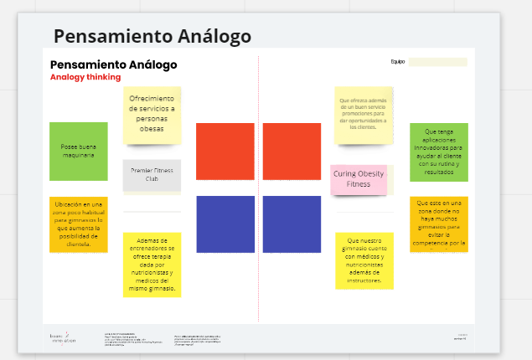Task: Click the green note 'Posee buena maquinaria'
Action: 78,151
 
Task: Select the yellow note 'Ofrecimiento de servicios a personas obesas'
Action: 152,115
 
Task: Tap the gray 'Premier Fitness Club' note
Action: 152,175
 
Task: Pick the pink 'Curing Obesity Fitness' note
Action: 358,179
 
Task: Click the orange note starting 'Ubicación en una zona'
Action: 78,224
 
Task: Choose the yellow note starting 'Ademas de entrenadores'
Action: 152,264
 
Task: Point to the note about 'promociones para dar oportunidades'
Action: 363,114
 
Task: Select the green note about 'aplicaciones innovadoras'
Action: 438,152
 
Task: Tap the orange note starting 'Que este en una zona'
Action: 438,224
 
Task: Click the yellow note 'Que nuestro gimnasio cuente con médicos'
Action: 364,260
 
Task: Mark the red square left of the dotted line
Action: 225,152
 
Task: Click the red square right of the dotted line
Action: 292,152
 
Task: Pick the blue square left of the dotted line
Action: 225,224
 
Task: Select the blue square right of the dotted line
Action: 292,224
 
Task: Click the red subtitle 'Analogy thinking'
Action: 85,77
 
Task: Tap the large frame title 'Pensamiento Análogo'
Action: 152,36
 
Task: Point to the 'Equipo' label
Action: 397,62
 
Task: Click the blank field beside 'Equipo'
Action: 437,62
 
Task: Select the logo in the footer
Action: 63,337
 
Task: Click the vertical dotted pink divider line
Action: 259,193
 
